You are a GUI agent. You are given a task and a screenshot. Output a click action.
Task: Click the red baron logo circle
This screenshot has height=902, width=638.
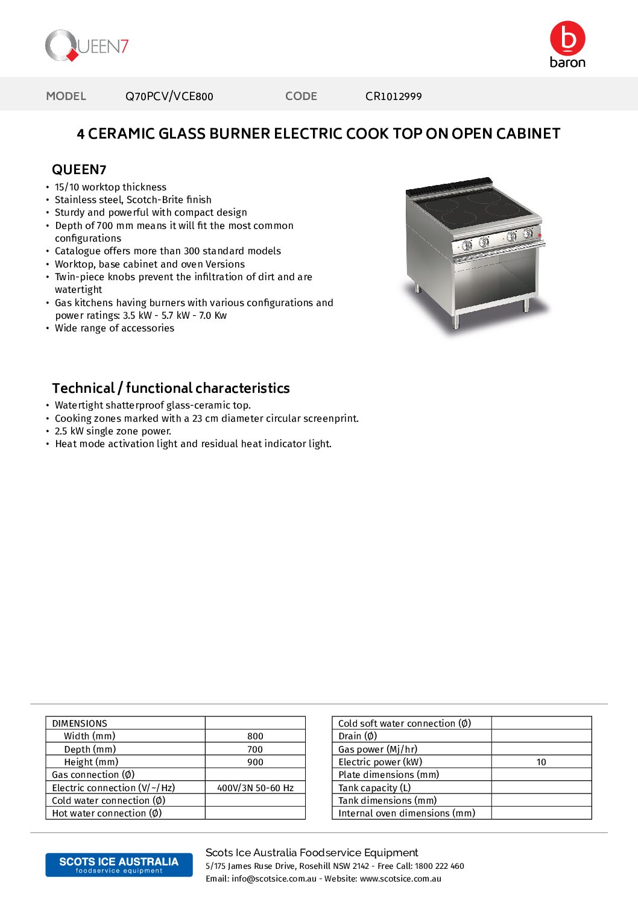(x=567, y=39)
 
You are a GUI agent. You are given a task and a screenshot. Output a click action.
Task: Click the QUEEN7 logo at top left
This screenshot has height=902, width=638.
(x=87, y=46)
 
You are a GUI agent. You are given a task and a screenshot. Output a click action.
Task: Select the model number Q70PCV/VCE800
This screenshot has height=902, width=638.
(x=169, y=96)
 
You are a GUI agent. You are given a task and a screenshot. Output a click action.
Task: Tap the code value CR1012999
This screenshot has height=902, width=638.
(x=393, y=96)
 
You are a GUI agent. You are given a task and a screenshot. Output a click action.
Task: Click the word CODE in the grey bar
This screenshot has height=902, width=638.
(x=301, y=96)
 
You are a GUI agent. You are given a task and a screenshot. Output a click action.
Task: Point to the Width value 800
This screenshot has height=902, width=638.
(x=255, y=736)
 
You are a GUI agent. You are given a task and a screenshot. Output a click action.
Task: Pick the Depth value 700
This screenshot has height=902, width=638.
(x=255, y=750)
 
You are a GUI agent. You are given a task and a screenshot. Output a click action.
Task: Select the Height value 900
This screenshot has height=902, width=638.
(x=255, y=762)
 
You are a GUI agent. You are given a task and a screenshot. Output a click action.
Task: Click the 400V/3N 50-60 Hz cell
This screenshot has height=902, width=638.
(x=255, y=788)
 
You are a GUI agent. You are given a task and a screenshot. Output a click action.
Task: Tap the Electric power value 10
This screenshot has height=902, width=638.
(x=541, y=762)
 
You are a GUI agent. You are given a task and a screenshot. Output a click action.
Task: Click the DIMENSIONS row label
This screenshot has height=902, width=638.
(x=80, y=724)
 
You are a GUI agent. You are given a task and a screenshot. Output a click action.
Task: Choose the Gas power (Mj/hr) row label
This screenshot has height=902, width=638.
(x=377, y=750)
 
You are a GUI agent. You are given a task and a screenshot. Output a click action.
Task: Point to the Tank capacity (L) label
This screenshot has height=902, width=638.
(x=374, y=788)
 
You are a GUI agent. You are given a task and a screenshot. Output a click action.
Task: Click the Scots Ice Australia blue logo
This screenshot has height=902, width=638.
(x=119, y=865)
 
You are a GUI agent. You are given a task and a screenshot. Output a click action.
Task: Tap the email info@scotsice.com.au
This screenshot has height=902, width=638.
(x=274, y=879)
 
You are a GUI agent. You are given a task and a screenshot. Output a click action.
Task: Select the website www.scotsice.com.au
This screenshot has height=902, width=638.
(x=400, y=879)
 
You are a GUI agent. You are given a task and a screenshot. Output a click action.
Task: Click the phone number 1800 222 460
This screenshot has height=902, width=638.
(x=439, y=866)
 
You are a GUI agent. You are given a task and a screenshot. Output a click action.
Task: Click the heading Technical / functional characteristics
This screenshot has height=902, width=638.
(x=171, y=388)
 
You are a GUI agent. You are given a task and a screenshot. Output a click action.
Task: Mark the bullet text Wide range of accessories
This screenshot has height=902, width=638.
(x=115, y=328)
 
